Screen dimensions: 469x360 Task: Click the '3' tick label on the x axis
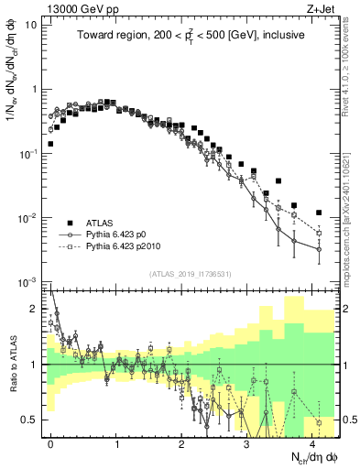pyautogui.click(x=246, y=443)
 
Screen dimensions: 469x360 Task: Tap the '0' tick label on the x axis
pyautogui.click(x=50, y=443)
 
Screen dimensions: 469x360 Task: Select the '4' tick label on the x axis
pyautogui.click(x=311, y=443)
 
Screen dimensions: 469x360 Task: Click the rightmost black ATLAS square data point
pyautogui.click(x=319, y=213)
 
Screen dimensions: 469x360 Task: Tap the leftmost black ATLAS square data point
pyautogui.click(x=50, y=144)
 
